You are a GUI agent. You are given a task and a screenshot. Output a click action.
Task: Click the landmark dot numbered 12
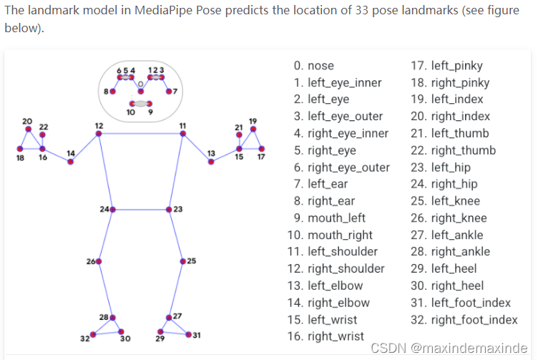99,133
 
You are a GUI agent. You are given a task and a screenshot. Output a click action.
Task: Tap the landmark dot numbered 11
182,133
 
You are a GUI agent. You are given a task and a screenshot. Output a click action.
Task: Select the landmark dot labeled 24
112,210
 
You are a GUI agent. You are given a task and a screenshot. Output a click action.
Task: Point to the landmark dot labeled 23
169,210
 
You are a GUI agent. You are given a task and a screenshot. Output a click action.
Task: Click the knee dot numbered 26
99,261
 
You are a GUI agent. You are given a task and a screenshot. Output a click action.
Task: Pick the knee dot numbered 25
182,261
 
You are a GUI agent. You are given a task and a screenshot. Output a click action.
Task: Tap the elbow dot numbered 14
70,162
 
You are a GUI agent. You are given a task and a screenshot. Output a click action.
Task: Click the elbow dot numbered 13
211,162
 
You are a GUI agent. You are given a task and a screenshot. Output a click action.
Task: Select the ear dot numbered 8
112,92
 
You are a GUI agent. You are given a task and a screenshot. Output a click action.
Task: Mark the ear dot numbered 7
169,92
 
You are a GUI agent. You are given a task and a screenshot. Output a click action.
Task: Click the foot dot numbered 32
93,334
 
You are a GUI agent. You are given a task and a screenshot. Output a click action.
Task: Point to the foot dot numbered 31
188,334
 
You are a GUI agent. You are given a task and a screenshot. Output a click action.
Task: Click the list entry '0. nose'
313,66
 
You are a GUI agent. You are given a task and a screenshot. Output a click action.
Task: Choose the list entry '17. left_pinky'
446,66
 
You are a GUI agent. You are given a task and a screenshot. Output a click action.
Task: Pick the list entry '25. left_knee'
445,201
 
